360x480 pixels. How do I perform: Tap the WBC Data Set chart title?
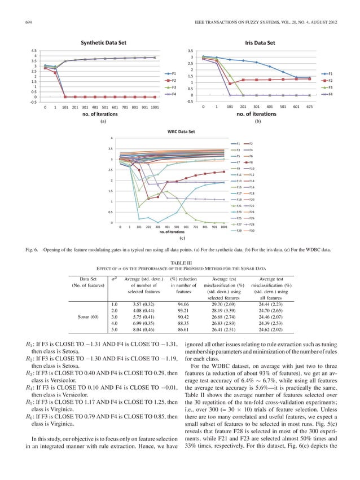180,131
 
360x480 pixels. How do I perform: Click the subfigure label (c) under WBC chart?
180,239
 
